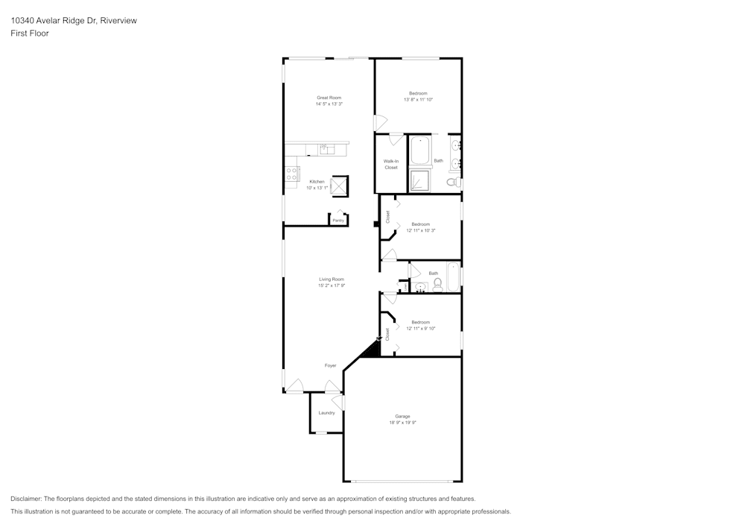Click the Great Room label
pyautogui.click(x=329, y=98)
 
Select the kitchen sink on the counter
pyautogui.click(x=328, y=150)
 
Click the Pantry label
pyautogui.click(x=338, y=221)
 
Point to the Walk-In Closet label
pyautogui.click(x=390, y=164)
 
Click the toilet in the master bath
pyautogui.click(x=452, y=182)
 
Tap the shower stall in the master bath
pyautogui.click(x=420, y=181)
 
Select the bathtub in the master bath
pyautogui.click(x=420, y=150)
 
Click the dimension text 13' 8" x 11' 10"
pyautogui.click(x=418, y=99)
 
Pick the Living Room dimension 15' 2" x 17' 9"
pyautogui.click(x=332, y=285)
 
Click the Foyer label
pyautogui.click(x=330, y=365)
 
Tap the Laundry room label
pyautogui.click(x=326, y=412)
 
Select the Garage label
pyautogui.click(x=402, y=416)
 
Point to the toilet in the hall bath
pyautogui.click(x=437, y=284)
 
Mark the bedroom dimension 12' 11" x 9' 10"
pyautogui.click(x=421, y=328)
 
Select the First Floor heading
pyautogui.click(x=30, y=34)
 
